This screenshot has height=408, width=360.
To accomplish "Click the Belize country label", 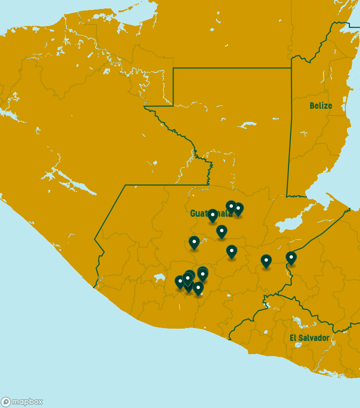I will click(320, 106).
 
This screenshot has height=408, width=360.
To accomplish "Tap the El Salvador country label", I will click(309, 338).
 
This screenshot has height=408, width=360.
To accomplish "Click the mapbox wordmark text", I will click(27, 402).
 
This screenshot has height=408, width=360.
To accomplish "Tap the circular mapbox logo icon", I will click(6, 402).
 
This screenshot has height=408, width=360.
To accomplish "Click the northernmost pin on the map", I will click(231, 206).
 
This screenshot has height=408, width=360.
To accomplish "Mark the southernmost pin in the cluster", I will click(198, 288).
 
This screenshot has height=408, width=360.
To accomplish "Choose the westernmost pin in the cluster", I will click(180, 282).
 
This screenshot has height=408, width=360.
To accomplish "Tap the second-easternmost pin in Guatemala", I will click(266, 260).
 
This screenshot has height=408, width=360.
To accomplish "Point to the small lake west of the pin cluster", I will click(159, 277).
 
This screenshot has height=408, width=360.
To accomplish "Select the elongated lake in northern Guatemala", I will click(247, 125).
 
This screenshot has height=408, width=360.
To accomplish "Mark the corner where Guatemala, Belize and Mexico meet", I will click(291, 68).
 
